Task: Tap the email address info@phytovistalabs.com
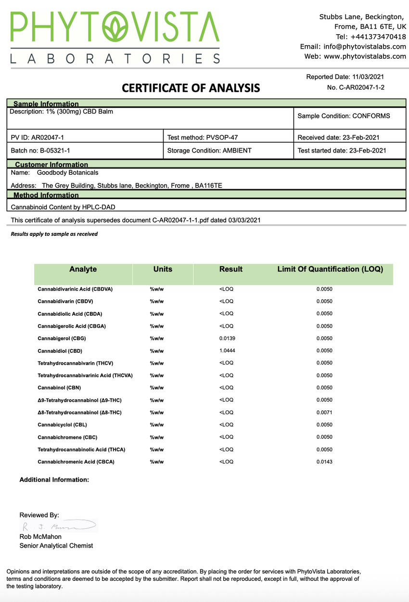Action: (353, 47)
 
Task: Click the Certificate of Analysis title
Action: (191, 88)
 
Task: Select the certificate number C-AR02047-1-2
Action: (356, 87)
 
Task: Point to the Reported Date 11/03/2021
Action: (345, 77)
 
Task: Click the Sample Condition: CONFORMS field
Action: (344, 116)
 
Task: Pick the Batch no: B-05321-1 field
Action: (40, 151)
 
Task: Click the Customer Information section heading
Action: (51, 165)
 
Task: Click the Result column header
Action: (230, 269)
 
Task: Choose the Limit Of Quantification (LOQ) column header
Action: (330, 269)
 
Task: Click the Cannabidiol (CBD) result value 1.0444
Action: (227, 351)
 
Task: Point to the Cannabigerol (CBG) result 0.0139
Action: (227, 338)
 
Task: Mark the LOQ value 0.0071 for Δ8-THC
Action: (324, 412)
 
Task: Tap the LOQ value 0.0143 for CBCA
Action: (324, 462)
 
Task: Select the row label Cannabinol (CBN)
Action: (59, 388)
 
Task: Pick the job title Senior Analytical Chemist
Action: (56, 546)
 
